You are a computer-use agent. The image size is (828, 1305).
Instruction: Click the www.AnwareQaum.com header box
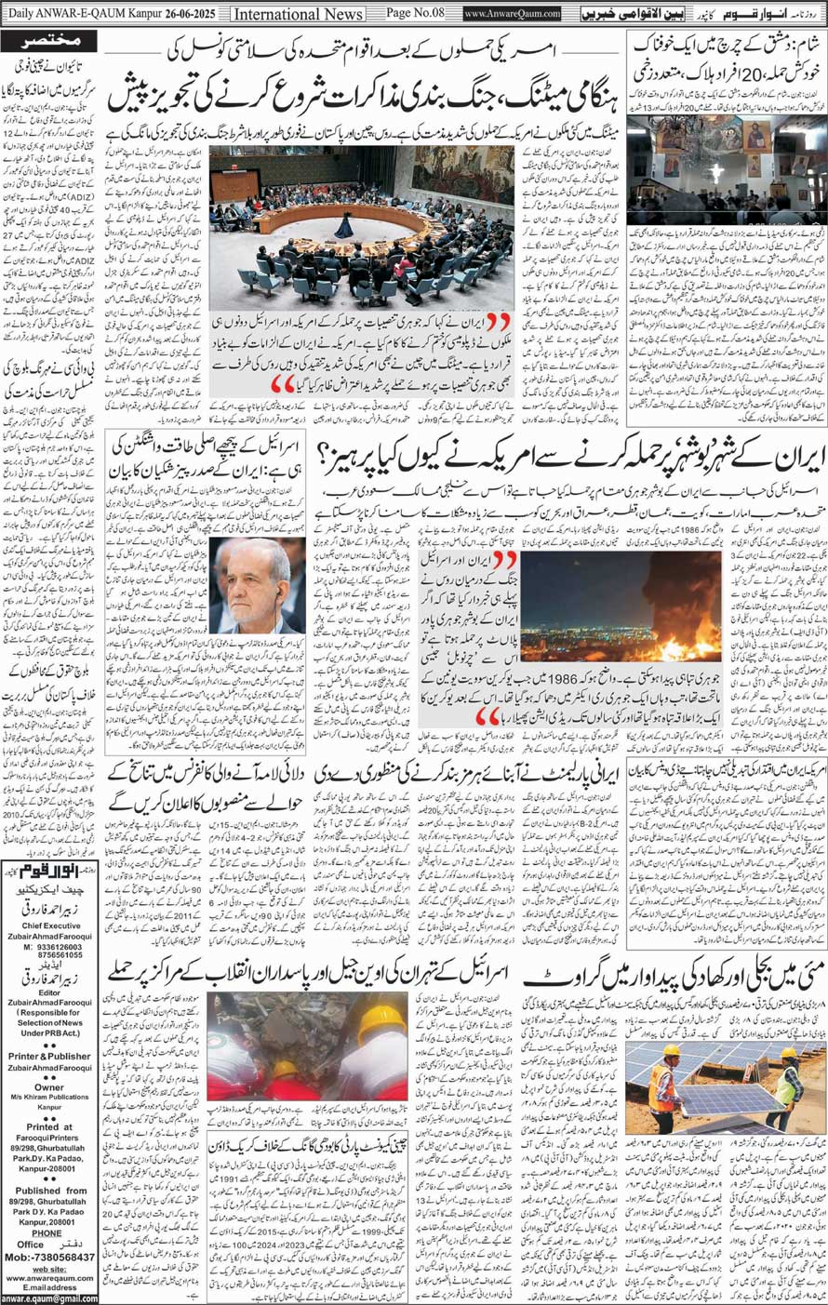(x=513, y=15)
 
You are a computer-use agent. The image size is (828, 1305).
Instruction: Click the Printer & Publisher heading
(x=49, y=1056)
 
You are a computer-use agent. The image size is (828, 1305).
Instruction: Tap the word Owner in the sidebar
(x=49, y=1086)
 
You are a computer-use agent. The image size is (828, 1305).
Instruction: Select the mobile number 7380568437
(x=58, y=1257)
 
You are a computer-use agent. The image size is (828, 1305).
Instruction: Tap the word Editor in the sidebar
(x=49, y=992)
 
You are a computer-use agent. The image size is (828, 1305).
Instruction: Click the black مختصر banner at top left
(x=49, y=42)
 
